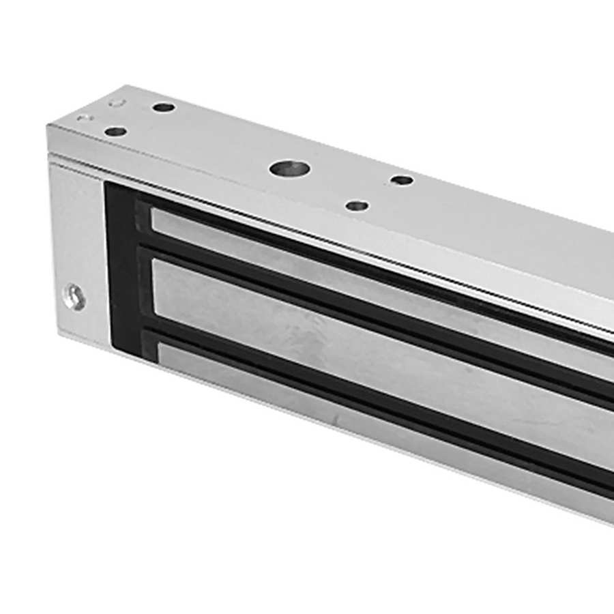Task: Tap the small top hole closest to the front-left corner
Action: point(116,131)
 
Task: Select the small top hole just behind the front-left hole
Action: point(163,107)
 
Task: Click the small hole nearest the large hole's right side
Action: point(357,205)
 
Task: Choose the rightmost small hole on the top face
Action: point(403,180)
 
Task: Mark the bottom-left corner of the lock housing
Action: point(56,334)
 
